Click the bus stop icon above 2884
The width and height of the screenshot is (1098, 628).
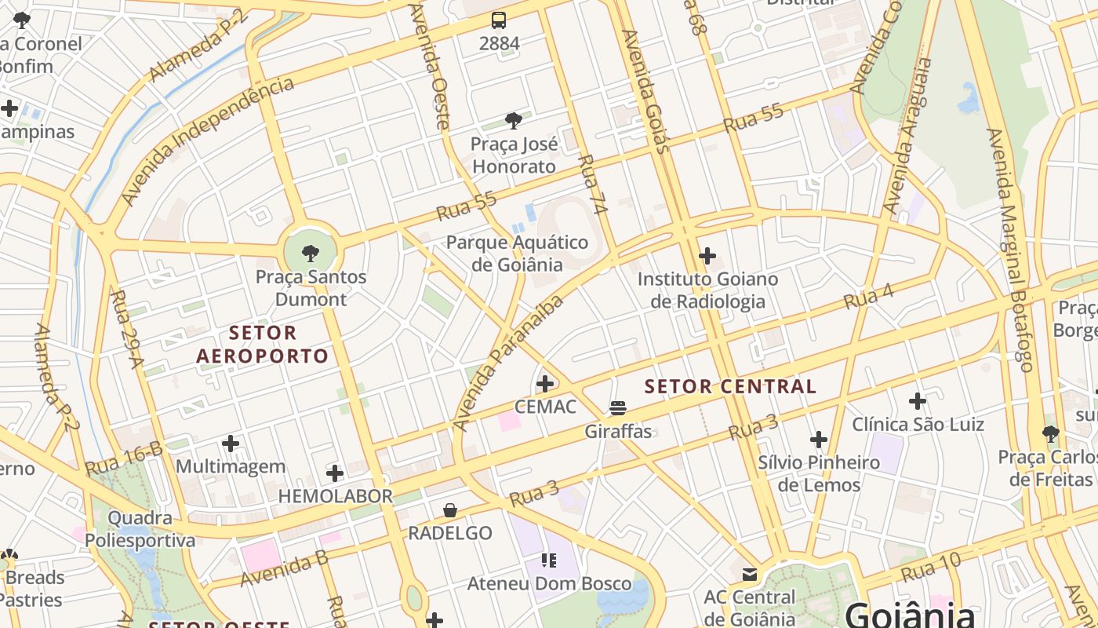coord(499,20)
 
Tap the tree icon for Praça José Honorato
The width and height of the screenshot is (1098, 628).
coord(514,120)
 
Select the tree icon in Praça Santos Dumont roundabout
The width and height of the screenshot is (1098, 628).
coord(311,253)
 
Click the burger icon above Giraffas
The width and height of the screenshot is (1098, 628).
coord(618,407)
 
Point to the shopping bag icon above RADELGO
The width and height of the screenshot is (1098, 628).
coord(450,510)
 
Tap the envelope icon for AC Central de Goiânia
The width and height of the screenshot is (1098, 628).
coord(750,574)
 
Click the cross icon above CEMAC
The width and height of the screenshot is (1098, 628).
coord(544,384)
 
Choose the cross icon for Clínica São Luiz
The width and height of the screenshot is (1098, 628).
coord(918,401)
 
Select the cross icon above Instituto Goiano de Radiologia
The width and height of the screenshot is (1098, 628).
coord(707,255)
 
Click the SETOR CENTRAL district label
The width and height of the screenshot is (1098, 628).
coord(730,386)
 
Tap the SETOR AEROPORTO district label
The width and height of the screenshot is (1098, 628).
coord(263,345)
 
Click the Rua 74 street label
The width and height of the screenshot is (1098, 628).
coord(592,184)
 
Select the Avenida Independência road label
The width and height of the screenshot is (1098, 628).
coord(208,141)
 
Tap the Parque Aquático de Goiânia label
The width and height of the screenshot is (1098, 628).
coord(517,253)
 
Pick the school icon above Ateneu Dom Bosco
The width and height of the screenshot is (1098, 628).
coord(549,560)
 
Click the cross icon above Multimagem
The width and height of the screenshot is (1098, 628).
coord(231,444)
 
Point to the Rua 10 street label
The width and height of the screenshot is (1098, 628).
coord(931,567)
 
